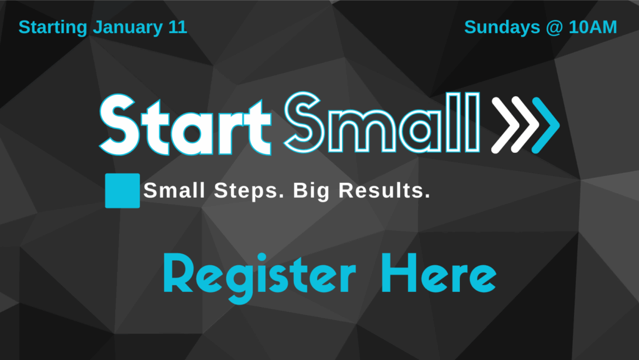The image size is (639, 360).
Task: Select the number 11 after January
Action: pyautogui.click(x=178, y=28)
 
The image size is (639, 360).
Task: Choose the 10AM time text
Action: pyautogui.click(x=592, y=28)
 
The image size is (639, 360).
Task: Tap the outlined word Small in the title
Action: pyautogui.click(x=383, y=124)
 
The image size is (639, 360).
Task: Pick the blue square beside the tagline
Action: pyautogui.click(x=122, y=190)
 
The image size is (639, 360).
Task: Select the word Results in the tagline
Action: pyautogui.click(x=384, y=191)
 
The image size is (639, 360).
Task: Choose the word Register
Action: pyautogui.click(x=258, y=276)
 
